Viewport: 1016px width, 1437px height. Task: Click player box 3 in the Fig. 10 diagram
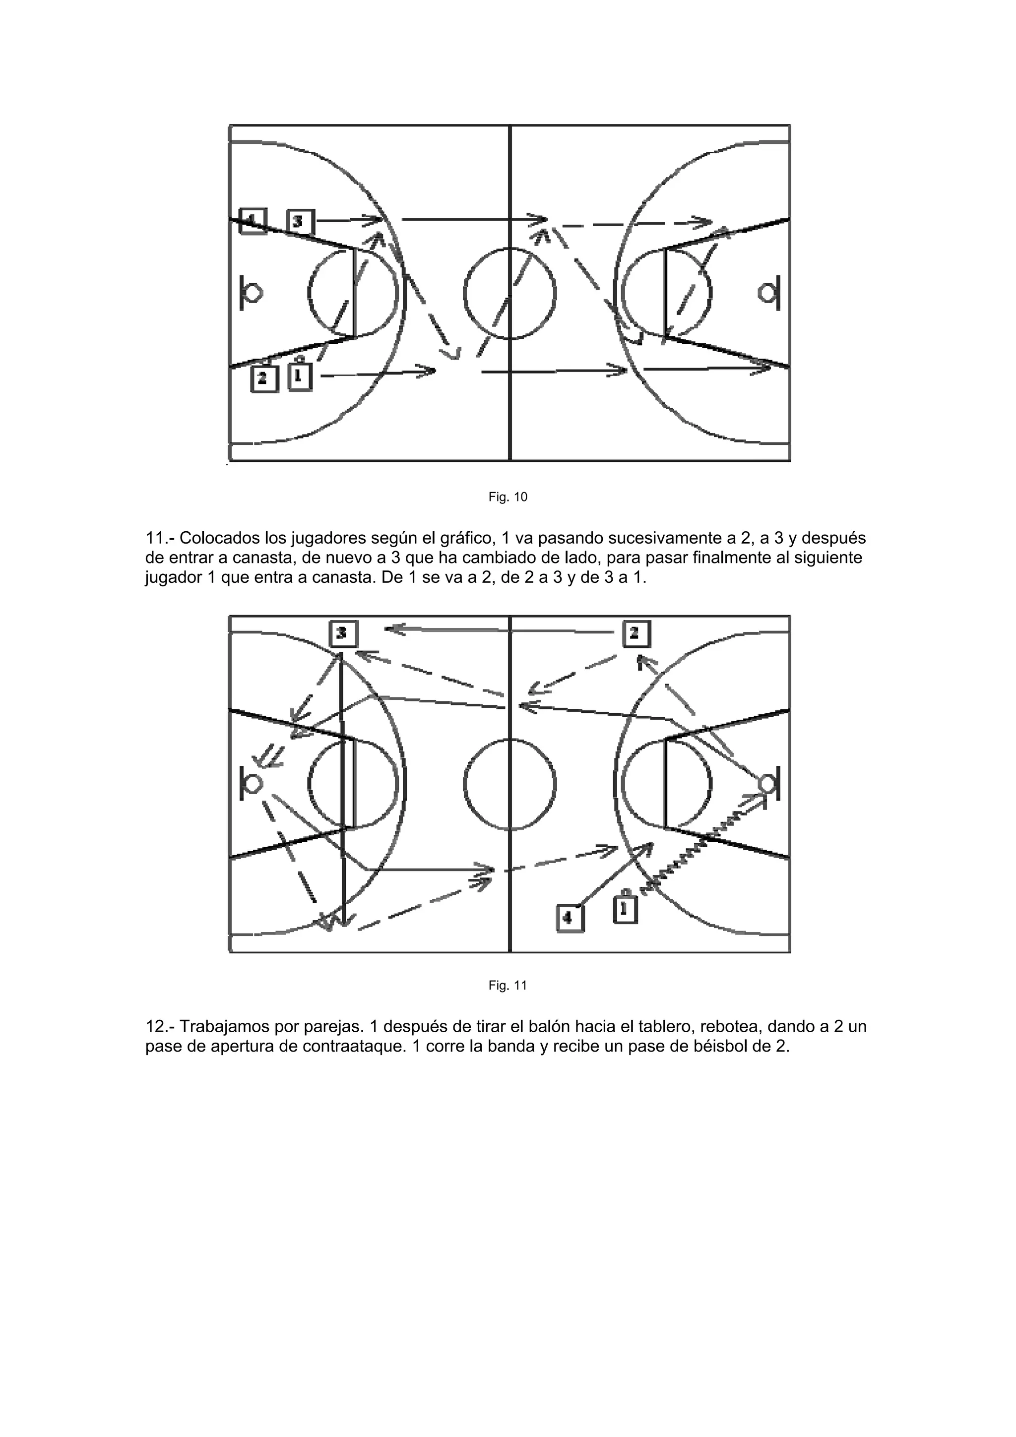pyautogui.click(x=301, y=222)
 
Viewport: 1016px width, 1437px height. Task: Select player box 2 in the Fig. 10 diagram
pyautogui.click(x=263, y=378)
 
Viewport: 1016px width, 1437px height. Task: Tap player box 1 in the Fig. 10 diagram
pyautogui.click(x=300, y=377)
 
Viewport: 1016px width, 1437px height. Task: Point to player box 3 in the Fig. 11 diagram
pyautogui.click(x=343, y=633)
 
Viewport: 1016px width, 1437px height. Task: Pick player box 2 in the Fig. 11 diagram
pyautogui.click(x=636, y=633)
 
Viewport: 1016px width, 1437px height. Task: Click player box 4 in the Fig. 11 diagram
pyautogui.click(x=570, y=918)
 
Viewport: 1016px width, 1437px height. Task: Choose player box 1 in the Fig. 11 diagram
pyautogui.click(x=625, y=909)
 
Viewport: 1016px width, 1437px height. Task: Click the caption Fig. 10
pyautogui.click(x=508, y=497)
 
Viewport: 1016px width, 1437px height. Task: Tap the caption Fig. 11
pyautogui.click(x=508, y=986)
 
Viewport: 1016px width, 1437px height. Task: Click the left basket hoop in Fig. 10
pyautogui.click(x=254, y=293)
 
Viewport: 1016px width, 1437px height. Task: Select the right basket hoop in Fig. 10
pyautogui.click(x=766, y=293)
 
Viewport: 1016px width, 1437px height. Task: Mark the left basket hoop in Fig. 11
pyautogui.click(x=254, y=784)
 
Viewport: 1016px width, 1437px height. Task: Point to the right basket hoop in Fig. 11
pyautogui.click(x=766, y=784)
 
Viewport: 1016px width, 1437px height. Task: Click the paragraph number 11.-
pyautogui.click(x=160, y=538)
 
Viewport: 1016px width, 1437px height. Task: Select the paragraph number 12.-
pyautogui.click(x=160, y=1027)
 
